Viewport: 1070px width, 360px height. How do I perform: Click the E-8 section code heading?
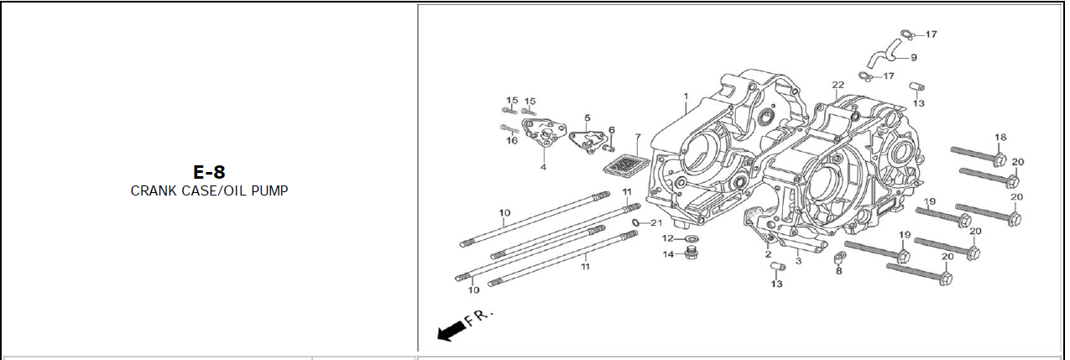(x=209, y=172)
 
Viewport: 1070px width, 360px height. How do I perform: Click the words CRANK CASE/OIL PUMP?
(x=209, y=191)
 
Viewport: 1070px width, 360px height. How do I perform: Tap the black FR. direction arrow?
(x=452, y=331)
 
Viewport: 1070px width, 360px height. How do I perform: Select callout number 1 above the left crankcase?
(x=686, y=96)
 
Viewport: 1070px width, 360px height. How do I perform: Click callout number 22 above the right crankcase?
(x=838, y=85)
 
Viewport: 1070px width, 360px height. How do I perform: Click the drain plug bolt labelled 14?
(x=689, y=253)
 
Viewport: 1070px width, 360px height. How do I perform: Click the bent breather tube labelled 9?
(x=884, y=54)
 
